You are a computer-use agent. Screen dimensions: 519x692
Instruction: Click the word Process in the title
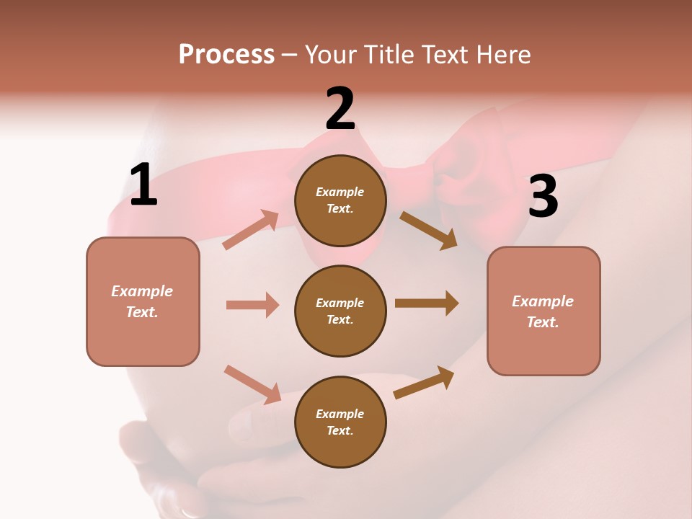tap(226, 55)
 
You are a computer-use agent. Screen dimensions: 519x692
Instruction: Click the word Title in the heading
tap(388, 55)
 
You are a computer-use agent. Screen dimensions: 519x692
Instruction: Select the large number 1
tap(143, 185)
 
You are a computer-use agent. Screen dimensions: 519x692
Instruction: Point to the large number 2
tap(340, 109)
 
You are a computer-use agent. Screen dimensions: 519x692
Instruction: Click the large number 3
tap(543, 197)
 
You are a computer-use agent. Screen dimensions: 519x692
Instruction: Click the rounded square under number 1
tap(143, 301)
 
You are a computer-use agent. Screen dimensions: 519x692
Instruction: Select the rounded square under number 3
tap(544, 311)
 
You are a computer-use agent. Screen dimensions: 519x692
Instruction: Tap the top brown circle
tap(340, 200)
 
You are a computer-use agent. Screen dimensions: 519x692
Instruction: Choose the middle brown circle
tap(340, 311)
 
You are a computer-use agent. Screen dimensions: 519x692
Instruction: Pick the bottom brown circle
tap(340, 422)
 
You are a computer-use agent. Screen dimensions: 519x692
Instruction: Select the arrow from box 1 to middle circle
tap(252, 305)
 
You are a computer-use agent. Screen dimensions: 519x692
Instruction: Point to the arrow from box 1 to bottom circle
tap(252, 384)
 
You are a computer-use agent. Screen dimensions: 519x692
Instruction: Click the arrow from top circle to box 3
tap(428, 230)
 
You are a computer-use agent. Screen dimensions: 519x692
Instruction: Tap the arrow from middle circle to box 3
tap(427, 303)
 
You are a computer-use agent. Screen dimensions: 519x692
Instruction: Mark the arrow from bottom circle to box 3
tap(424, 383)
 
